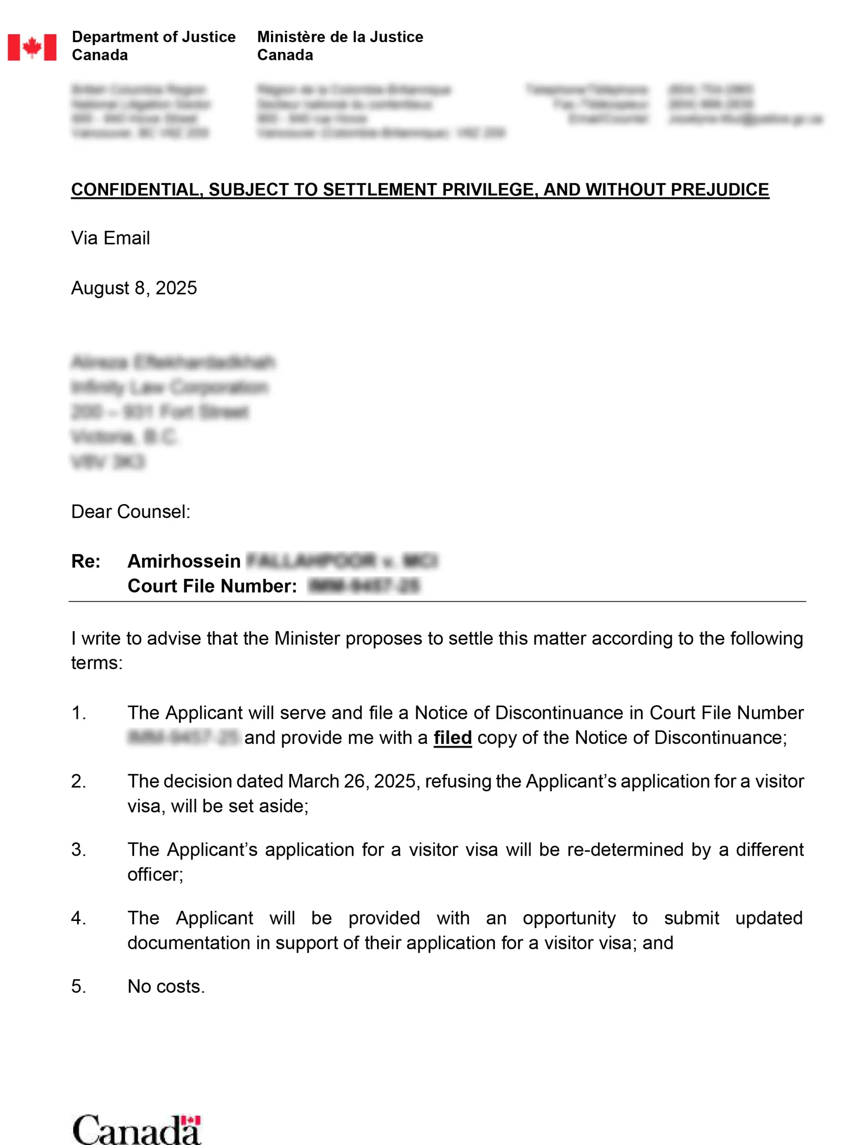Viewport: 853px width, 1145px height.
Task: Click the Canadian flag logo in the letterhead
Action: (32, 47)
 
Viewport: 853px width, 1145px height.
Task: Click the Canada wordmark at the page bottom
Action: (136, 1129)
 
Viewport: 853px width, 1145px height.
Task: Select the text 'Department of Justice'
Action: (153, 37)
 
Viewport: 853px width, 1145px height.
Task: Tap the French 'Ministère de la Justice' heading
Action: (340, 37)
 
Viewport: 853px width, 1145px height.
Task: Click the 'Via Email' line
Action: (110, 238)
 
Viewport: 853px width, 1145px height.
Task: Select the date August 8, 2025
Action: (134, 288)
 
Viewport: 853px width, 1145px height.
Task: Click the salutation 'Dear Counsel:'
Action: (131, 512)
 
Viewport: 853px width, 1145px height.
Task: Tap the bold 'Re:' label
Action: (86, 561)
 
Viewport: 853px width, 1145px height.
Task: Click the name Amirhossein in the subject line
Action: (184, 561)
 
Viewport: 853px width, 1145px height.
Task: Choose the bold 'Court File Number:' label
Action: (212, 586)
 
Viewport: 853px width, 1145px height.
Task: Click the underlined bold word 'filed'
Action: (452, 738)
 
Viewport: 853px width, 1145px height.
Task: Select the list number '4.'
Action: (78, 918)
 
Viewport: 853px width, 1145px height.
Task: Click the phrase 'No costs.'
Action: (166, 987)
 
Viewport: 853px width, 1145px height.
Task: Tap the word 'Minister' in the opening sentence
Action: (307, 639)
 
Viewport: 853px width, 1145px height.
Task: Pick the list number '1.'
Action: (78, 713)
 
